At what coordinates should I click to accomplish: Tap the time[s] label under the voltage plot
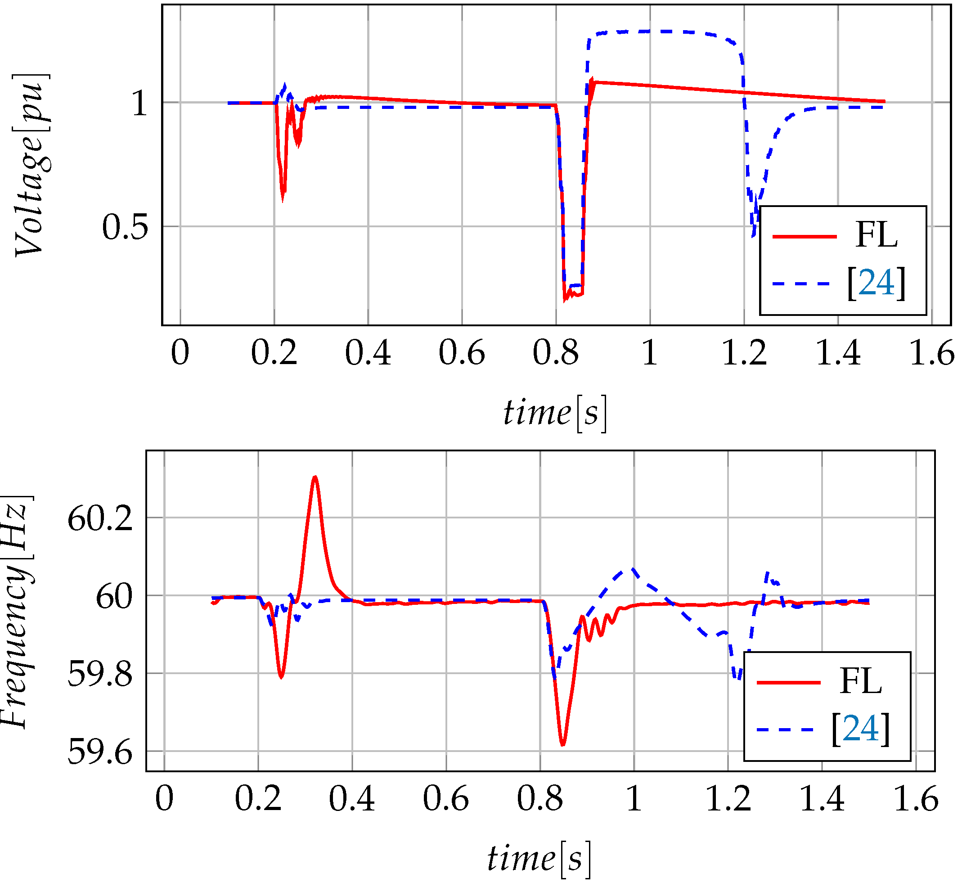click(555, 413)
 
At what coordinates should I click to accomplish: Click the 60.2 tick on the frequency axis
click(100, 519)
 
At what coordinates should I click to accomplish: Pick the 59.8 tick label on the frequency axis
click(100, 675)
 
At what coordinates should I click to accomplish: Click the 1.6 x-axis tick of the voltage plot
click(931, 353)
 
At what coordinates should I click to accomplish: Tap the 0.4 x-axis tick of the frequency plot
click(352, 799)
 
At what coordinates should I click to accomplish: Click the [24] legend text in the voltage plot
click(876, 284)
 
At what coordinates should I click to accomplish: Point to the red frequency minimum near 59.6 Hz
click(563, 744)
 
